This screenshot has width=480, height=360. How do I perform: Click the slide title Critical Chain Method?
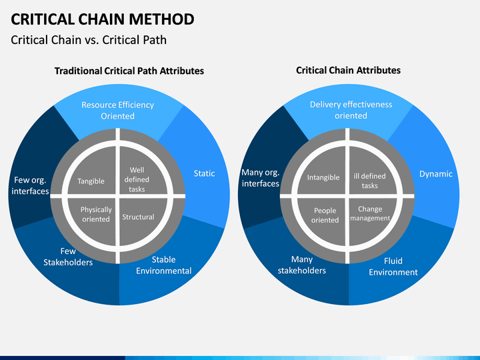click(x=103, y=19)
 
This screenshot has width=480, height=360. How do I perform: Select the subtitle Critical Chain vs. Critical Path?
click(x=89, y=40)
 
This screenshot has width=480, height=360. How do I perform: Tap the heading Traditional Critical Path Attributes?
click(x=129, y=71)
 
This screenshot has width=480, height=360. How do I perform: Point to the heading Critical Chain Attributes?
click(x=349, y=71)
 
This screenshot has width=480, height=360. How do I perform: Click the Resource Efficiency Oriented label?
click(x=117, y=110)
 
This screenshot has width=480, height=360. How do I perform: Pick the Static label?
click(x=204, y=173)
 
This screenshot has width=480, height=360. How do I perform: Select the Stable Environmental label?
click(x=164, y=265)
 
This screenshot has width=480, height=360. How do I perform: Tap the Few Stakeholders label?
click(x=68, y=257)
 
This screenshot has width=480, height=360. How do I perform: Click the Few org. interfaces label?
click(x=30, y=185)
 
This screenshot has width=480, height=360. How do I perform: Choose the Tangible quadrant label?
click(x=91, y=181)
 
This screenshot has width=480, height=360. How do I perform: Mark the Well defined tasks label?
click(x=137, y=179)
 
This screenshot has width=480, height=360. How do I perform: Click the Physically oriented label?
click(x=96, y=214)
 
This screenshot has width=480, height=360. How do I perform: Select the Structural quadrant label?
click(x=139, y=217)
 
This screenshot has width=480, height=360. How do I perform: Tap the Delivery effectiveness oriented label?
click(x=351, y=110)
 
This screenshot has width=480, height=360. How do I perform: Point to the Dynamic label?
click(x=436, y=174)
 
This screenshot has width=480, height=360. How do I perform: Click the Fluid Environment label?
click(x=393, y=267)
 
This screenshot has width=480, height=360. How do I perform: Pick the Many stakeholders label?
click(x=302, y=265)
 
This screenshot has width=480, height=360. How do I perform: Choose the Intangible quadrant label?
click(x=323, y=177)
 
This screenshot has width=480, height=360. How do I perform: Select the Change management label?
click(x=370, y=213)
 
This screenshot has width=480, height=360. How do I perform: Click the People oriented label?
click(x=325, y=215)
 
